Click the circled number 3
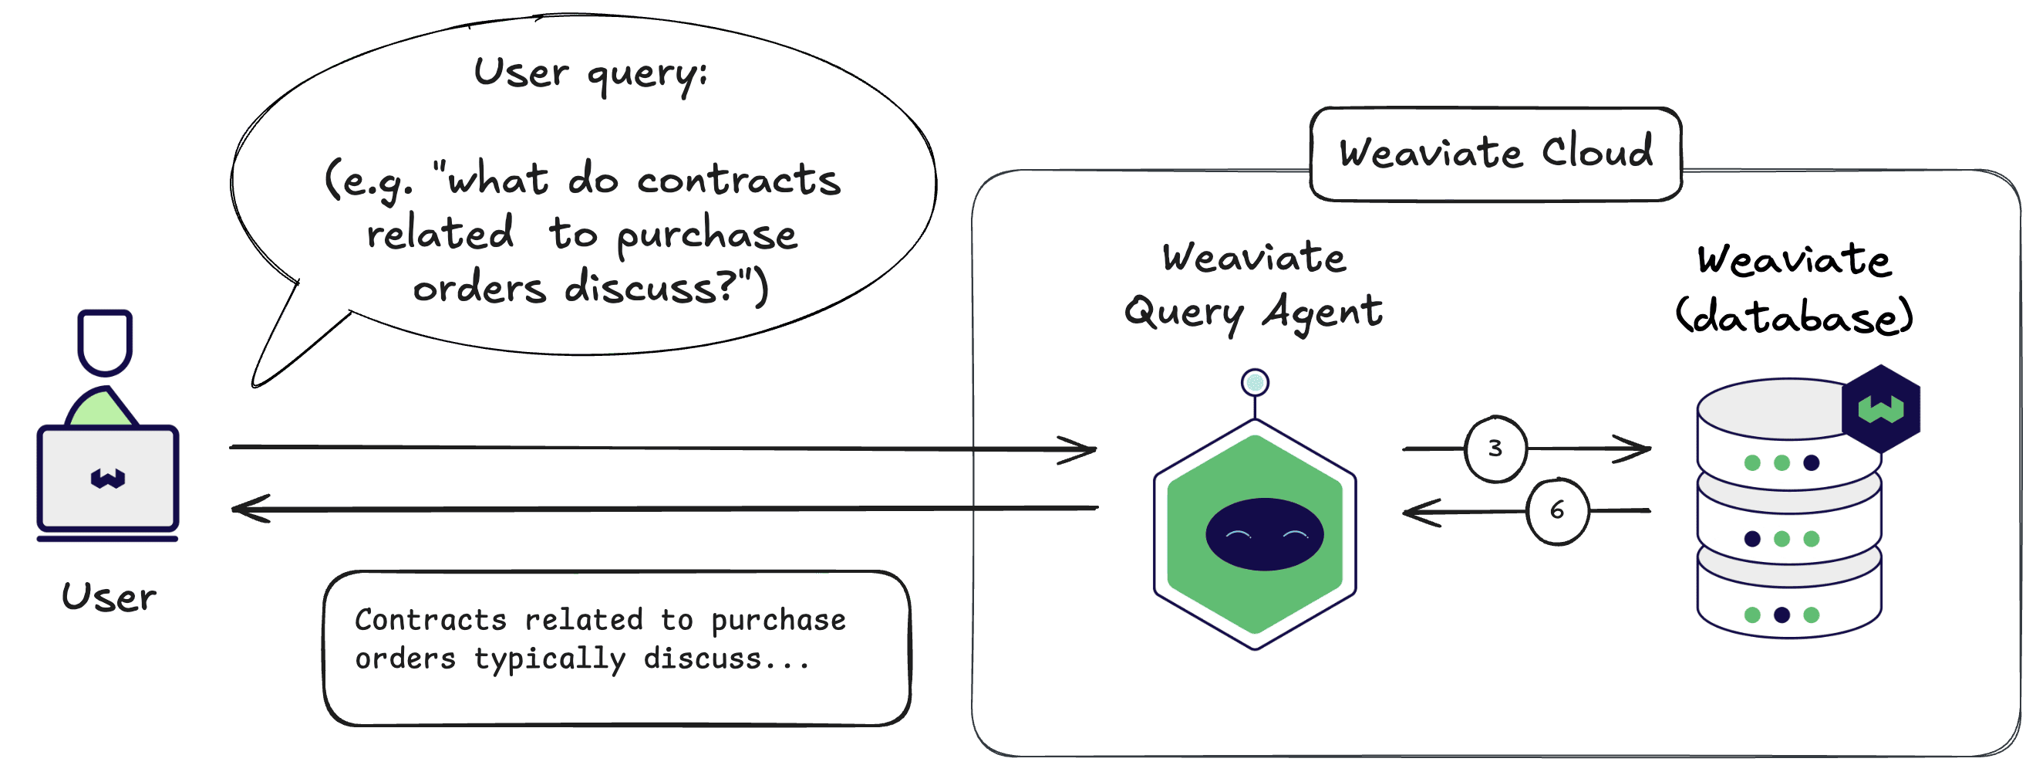coord(1495,449)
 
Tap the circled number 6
coord(1556,510)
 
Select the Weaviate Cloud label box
coord(1495,153)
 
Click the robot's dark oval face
coord(1264,534)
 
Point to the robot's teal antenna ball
coord(1255,383)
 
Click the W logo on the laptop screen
coord(107,478)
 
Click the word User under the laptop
coord(108,598)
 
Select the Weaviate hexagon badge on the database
coord(1881,408)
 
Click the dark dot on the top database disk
coord(1812,462)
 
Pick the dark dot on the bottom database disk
coord(1781,615)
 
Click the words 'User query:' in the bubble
coord(590,73)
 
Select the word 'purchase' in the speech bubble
coord(706,235)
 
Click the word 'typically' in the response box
coord(549,659)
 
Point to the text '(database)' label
coord(1794,317)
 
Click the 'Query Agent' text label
coord(1252,312)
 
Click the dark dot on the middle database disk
coord(1752,539)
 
